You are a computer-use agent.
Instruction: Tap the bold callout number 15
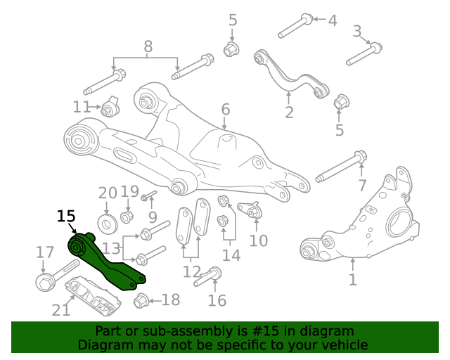(x=65, y=216)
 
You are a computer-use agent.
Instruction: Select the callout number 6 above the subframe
(x=225, y=110)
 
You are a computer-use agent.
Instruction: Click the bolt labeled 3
(x=364, y=53)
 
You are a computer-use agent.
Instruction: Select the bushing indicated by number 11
(x=110, y=109)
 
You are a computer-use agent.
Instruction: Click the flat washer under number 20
(x=108, y=224)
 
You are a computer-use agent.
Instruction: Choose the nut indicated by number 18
(x=140, y=300)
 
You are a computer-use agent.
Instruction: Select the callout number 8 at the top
(x=148, y=47)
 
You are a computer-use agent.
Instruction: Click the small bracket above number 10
(x=251, y=210)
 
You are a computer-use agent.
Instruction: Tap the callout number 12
(x=191, y=271)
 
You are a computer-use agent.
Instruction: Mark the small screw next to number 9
(x=148, y=195)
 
